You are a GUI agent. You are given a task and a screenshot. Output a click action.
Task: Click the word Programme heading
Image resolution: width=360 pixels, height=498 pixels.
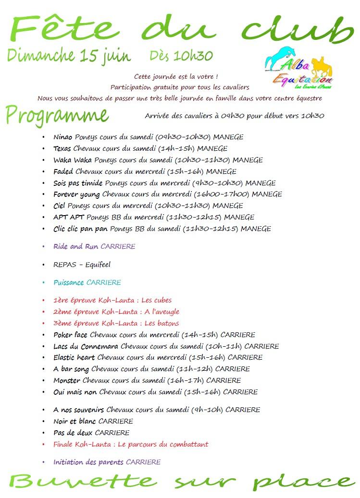point(57,115)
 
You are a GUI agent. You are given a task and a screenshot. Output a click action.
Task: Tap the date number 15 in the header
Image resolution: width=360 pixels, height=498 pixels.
point(89,56)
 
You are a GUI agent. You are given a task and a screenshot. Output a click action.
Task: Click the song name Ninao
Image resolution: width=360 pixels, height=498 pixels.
point(63,137)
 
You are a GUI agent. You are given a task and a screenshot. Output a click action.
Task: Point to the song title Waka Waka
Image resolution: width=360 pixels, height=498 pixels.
point(73,160)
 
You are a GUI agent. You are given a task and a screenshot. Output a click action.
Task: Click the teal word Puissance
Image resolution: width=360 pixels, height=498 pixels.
point(69,282)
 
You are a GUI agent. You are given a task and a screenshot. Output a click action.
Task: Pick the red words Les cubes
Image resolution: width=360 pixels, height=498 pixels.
point(157,301)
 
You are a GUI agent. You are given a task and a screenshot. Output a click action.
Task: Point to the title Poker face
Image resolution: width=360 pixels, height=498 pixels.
point(71,335)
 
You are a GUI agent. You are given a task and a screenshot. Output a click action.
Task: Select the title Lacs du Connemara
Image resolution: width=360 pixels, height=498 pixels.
point(86,346)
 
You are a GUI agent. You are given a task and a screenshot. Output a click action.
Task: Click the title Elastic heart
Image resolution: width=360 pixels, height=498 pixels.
point(74,357)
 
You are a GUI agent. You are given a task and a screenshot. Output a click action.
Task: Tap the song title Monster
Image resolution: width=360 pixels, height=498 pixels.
point(67,380)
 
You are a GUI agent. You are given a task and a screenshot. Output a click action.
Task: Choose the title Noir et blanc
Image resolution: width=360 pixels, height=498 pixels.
point(74,421)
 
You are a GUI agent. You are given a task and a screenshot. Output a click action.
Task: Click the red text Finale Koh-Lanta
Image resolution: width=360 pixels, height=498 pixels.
point(82,444)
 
